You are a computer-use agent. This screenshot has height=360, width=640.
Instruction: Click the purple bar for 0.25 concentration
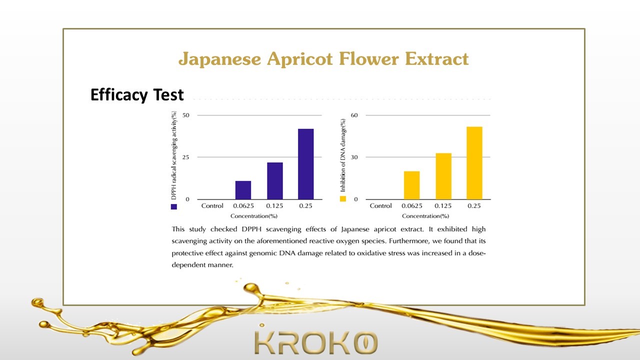(x=305, y=164)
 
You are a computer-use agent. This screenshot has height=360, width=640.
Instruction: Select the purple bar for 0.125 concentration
(x=275, y=181)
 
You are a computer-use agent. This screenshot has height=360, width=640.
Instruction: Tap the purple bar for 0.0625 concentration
(x=243, y=190)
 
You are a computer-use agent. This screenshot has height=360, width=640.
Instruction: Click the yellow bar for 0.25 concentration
(x=474, y=163)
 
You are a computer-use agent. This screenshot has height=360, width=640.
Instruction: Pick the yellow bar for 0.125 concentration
(x=443, y=176)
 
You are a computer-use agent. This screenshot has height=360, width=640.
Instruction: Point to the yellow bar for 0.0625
(x=411, y=185)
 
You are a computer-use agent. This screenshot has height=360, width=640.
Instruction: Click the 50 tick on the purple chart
(x=185, y=115)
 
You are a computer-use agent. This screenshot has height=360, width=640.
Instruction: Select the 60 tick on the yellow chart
(x=354, y=115)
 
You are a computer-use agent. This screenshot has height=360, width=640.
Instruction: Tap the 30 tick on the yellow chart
(x=354, y=157)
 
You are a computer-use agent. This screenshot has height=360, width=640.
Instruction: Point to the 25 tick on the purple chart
(x=185, y=157)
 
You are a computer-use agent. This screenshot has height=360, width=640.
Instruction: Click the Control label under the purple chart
(x=212, y=205)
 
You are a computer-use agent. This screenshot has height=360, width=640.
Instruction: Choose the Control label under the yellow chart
(x=380, y=205)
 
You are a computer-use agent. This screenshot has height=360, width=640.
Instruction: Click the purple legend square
(x=173, y=206)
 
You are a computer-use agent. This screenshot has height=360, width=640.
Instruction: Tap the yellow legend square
(x=343, y=199)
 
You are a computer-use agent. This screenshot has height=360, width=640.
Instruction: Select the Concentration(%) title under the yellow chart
(x=425, y=216)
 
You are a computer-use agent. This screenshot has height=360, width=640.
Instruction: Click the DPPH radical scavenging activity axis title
(x=173, y=155)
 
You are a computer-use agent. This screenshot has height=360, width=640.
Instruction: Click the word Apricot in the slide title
(x=300, y=59)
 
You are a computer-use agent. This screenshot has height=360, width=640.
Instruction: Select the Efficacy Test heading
(x=137, y=95)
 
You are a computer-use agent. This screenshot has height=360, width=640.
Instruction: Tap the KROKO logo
(x=316, y=342)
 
